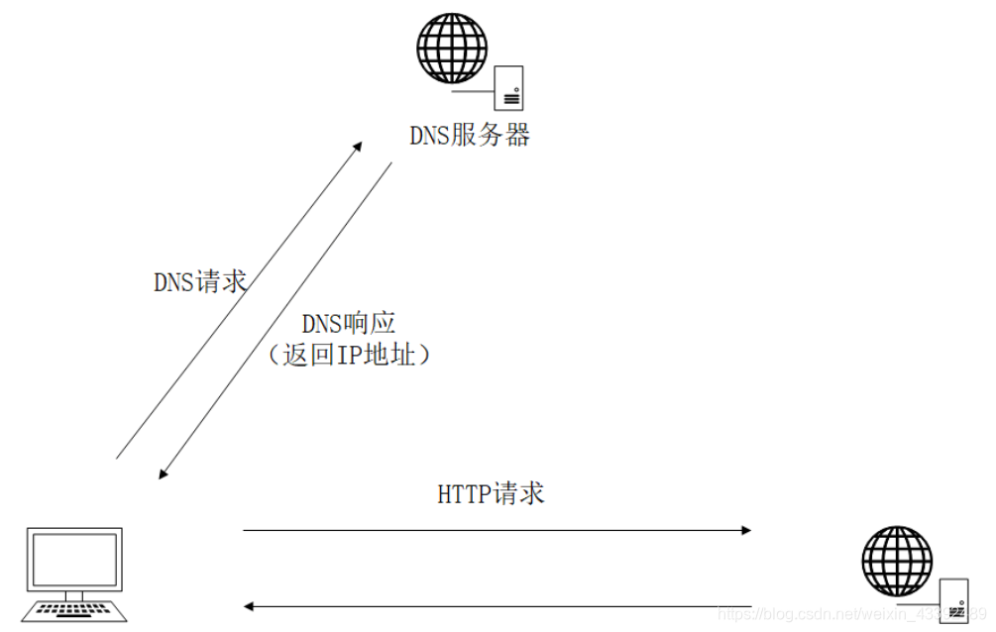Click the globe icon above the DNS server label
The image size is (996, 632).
tap(452, 47)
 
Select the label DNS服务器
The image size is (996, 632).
tap(470, 136)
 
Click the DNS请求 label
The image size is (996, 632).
tap(199, 282)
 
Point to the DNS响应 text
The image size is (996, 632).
tap(348, 324)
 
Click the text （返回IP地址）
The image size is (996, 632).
tap(348, 355)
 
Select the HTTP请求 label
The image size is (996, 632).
tap(491, 493)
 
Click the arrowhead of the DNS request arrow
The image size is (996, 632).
tap(359, 146)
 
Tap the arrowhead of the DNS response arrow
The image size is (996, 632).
tap(164, 474)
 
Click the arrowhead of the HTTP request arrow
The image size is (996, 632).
tap(746, 530)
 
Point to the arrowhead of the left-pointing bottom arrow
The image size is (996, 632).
tap(249, 605)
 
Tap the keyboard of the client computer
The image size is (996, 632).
tap(76, 609)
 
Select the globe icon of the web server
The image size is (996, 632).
tap(897, 561)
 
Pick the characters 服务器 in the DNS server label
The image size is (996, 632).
tap(491, 136)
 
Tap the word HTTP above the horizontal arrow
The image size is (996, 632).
tap(464, 493)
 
